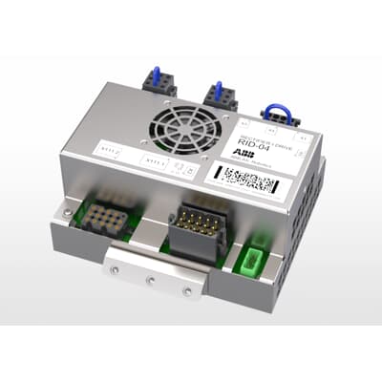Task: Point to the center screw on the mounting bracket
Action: point(151,280)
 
